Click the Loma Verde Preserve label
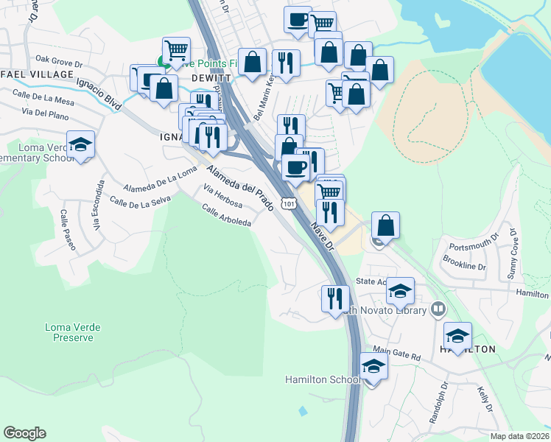(73, 332)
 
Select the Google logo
(24, 433)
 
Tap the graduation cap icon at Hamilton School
(373, 366)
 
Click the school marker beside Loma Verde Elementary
(80, 144)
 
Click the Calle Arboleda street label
(226, 215)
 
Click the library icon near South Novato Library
(438, 309)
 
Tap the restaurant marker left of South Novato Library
(335, 298)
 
